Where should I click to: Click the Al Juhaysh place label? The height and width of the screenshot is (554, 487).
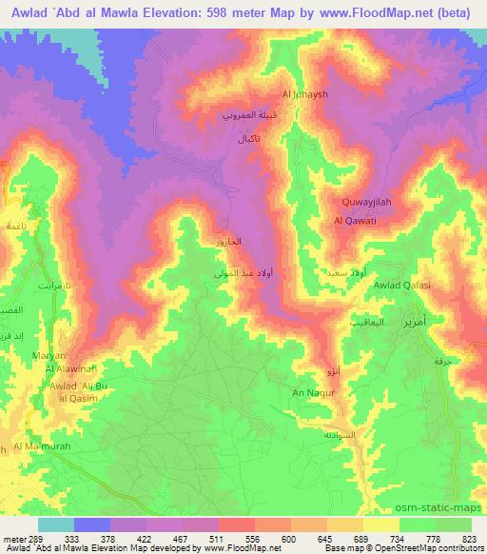[x=303, y=93]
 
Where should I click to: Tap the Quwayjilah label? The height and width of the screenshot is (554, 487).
[x=366, y=202]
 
